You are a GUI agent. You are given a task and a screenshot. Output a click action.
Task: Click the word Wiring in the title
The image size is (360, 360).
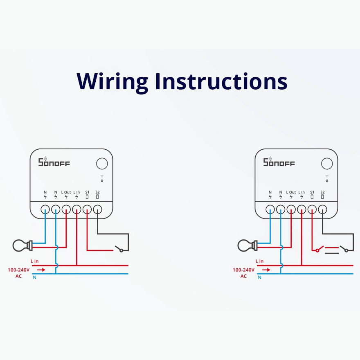pyautogui.click(x=112, y=81)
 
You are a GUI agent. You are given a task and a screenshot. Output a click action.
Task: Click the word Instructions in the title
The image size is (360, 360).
pyautogui.click(x=221, y=81)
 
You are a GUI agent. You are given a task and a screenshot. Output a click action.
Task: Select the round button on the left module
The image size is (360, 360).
pyautogui.click(x=102, y=164)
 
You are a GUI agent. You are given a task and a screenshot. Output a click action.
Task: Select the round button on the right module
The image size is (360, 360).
pyautogui.click(x=327, y=164)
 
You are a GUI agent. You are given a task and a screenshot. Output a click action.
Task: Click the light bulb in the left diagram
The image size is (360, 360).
pyautogui.click(x=20, y=245)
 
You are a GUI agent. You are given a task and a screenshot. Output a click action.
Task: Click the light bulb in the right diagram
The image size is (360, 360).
pyautogui.click(x=245, y=245)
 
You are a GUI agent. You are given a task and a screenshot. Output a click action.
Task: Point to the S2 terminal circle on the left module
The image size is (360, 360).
pyautogui.click(x=97, y=209)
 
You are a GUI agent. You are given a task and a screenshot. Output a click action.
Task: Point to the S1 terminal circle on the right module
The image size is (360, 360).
pyautogui.click(x=312, y=209)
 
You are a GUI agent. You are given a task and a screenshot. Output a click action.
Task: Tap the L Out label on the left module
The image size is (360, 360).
pyautogui.click(x=66, y=192)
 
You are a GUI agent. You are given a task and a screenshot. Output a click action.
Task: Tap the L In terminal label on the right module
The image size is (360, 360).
pyautogui.click(x=301, y=192)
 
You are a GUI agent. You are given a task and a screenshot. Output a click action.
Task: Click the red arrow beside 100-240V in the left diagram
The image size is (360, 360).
pyautogui.click(x=41, y=270)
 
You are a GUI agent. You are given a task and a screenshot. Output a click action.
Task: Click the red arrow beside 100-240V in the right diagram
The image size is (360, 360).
pyautogui.click(x=266, y=270)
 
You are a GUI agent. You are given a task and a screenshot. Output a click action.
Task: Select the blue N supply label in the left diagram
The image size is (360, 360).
pyautogui.click(x=34, y=278)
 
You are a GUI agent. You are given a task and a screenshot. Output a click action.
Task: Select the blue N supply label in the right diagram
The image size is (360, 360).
pyautogui.click(x=259, y=278)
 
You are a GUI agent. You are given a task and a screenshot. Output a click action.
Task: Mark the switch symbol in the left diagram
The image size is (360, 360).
pyautogui.click(x=119, y=249)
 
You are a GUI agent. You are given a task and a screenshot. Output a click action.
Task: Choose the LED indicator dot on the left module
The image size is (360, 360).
pyautogui.click(x=102, y=180)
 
